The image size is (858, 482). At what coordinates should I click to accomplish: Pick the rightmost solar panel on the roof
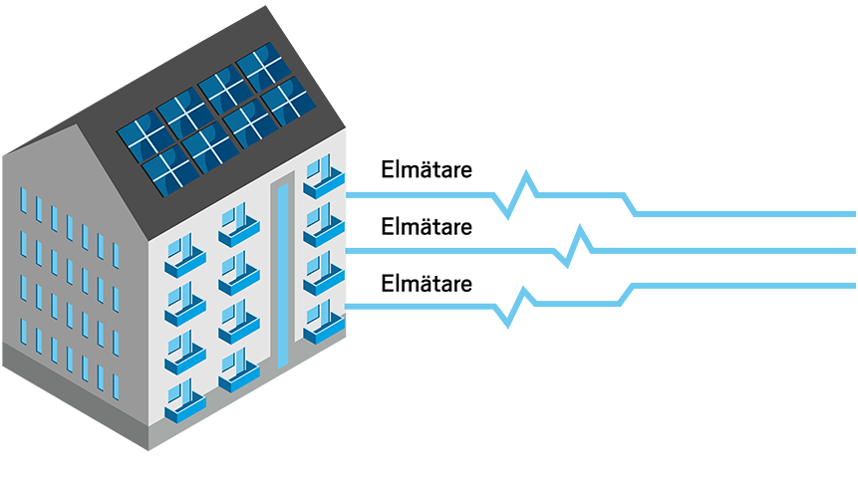click(x=287, y=99)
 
